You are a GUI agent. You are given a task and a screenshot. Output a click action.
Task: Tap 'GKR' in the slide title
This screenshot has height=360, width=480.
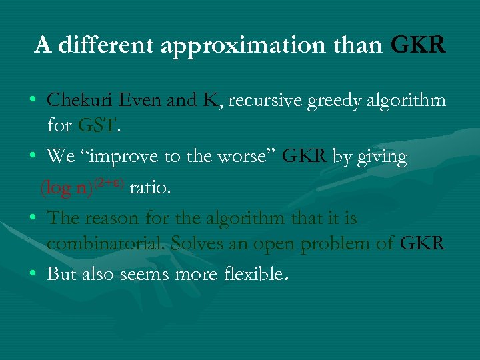tap(418, 45)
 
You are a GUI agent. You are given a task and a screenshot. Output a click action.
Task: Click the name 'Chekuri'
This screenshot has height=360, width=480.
tap(82, 100)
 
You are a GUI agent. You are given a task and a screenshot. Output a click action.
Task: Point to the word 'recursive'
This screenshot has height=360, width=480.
tap(266, 100)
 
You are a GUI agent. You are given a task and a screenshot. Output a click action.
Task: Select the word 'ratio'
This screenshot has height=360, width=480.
tap(150, 188)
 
